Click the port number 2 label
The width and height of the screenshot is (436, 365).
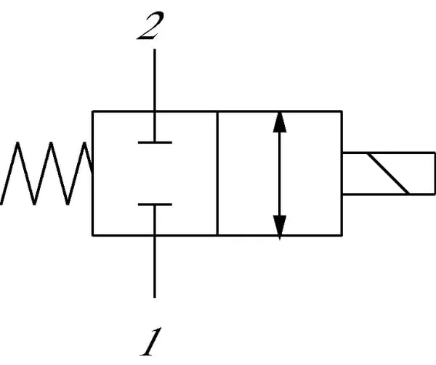(x=150, y=27)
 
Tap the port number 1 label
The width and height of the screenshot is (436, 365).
(x=150, y=343)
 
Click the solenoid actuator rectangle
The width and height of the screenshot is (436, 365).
(x=388, y=173)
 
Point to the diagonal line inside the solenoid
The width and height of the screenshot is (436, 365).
(x=388, y=173)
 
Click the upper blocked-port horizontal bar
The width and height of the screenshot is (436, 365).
(x=154, y=142)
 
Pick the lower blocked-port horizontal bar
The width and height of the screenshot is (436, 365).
(x=154, y=205)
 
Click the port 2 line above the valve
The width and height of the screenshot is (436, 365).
(x=154, y=80)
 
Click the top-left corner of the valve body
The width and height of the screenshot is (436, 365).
(x=92, y=111)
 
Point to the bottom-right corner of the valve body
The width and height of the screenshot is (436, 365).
(x=342, y=234)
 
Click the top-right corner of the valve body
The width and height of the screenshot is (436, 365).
(x=342, y=111)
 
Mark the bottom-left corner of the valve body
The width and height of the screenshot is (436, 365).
(x=92, y=234)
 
